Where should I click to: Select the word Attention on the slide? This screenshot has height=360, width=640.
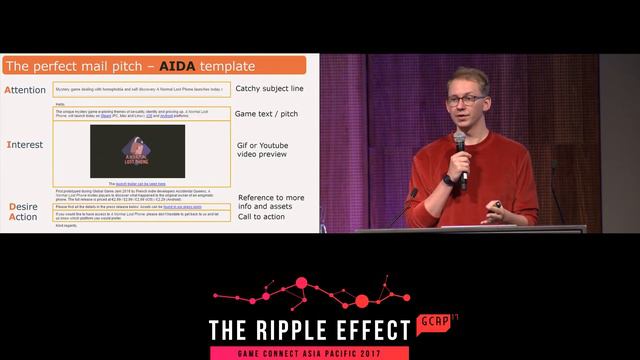(27, 90)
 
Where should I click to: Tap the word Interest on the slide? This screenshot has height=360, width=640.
(24, 145)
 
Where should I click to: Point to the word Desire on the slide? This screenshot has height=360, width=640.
(22, 206)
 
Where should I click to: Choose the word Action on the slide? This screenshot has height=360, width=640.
(22, 216)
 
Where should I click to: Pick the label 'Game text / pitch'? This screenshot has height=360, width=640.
(266, 114)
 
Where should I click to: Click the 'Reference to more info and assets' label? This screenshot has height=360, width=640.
(271, 204)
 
